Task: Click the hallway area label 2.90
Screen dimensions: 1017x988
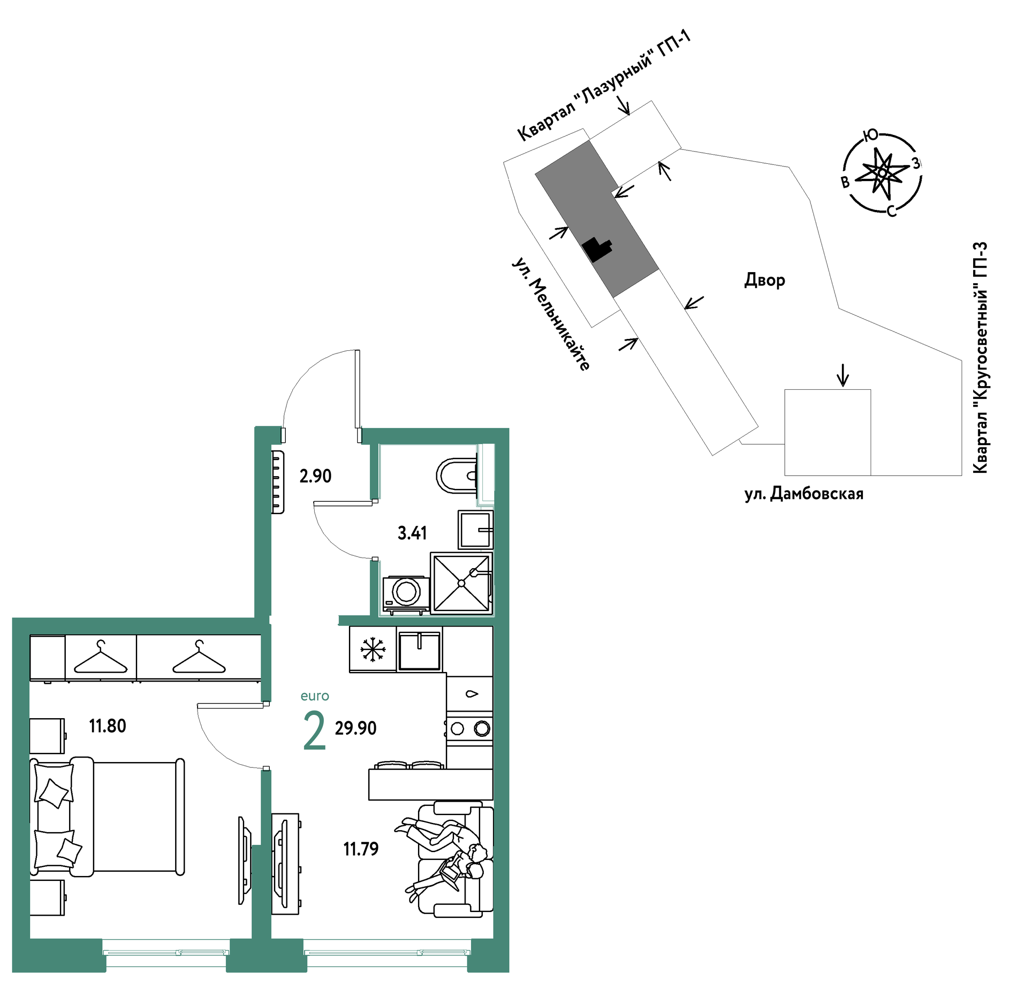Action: (x=316, y=476)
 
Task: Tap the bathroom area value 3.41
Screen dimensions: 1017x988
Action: (x=412, y=533)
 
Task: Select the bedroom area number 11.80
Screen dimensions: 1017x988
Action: (x=107, y=726)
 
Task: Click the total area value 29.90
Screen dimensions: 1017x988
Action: (x=355, y=728)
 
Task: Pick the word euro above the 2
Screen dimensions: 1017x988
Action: (x=315, y=696)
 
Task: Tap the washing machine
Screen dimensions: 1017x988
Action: (x=406, y=594)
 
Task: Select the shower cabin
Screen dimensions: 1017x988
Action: (x=461, y=583)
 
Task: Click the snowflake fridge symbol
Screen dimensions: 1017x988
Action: (x=373, y=649)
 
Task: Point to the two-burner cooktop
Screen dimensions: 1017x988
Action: (x=470, y=729)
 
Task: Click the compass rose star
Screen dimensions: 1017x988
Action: (x=882, y=173)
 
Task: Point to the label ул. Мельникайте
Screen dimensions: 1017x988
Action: (x=551, y=314)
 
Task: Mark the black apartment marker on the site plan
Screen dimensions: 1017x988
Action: (x=598, y=250)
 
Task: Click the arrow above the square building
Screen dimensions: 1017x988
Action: (x=843, y=375)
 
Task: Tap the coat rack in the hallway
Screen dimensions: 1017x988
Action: (x=278, y=482)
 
